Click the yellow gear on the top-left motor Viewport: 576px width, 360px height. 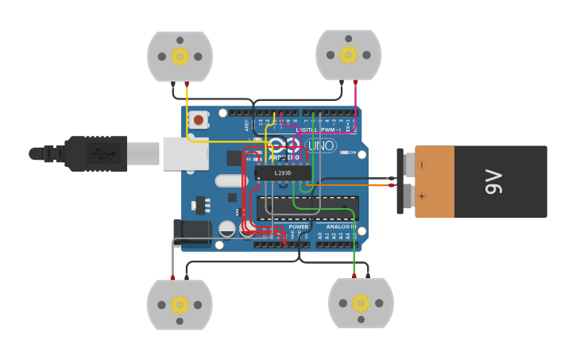(180, 56)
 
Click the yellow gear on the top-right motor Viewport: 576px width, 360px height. (348, 54)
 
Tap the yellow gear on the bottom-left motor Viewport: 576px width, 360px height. (180, 304)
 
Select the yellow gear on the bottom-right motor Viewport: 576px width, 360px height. (361, 303)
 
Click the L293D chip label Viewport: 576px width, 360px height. (283, 172)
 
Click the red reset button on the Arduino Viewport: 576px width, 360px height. (198, 120)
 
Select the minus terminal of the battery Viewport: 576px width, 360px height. (422, 165)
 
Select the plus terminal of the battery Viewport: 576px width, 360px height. (422, 196)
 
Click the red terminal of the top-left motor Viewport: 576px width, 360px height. (187, 83)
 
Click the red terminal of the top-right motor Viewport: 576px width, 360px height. (355, 82)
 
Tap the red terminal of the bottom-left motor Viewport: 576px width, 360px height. (172, 277)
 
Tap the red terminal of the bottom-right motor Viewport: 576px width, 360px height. (354, 276)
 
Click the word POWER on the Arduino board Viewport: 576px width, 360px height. (299, 226)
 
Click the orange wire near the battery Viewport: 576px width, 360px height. (350, 185)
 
